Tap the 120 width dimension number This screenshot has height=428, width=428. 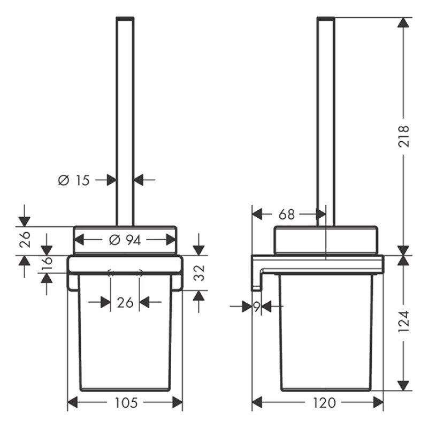coord(317,402)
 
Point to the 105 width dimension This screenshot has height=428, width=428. coord(125,402)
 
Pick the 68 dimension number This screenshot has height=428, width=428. coord(287,215)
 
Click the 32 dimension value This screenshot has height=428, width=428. coord(198,273)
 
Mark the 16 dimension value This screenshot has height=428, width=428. coord(47,264)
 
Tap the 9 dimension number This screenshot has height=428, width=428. coord(257,307)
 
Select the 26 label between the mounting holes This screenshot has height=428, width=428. coord(125,303)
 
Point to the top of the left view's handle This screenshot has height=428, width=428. coord(125,19)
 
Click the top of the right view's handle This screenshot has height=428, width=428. coord(326,19)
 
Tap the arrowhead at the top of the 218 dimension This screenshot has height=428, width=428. coord(403,22)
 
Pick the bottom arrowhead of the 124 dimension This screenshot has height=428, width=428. coord(403,385)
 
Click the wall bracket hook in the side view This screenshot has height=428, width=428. coord(257,278)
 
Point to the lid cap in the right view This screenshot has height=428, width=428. coord(326,239)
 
